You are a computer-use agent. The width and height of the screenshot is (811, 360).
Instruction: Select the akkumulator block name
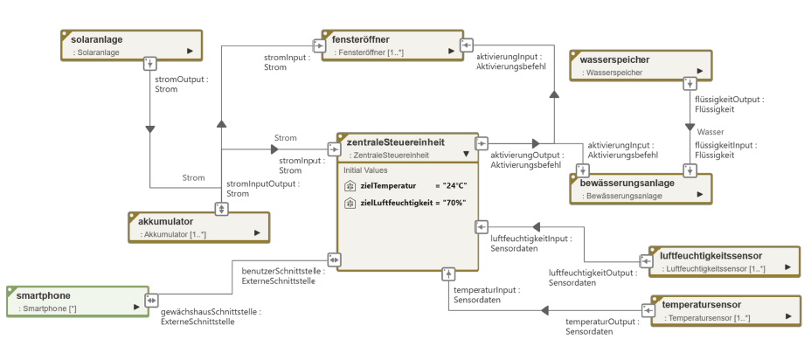(x=165, y=221)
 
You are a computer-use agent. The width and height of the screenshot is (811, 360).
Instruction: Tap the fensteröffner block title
(x=361, y=40)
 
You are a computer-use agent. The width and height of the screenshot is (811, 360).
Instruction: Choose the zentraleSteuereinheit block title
(x=395, y=142)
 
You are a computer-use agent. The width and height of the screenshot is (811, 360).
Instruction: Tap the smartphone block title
(x=44, y=295)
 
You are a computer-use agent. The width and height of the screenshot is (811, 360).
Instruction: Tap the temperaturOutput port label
(x=599, y=327)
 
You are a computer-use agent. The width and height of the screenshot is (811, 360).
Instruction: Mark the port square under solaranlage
(x=149, y=63)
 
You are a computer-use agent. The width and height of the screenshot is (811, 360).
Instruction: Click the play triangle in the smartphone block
(x=136, y=307)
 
